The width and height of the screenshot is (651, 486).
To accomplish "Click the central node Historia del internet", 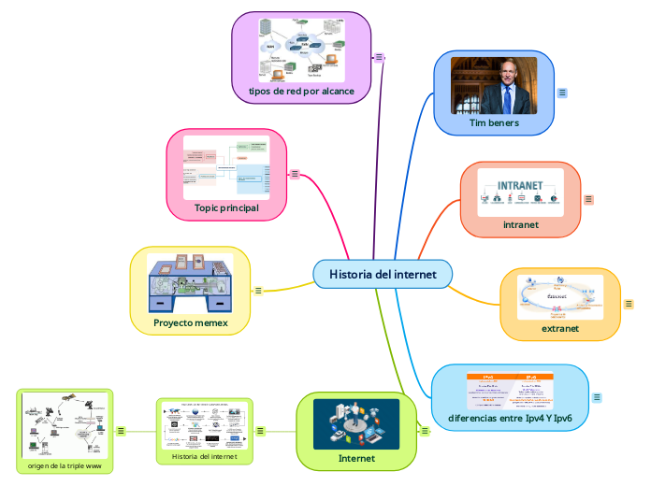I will tap(383, 274).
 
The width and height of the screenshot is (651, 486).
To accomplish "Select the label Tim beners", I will tap(494, 122).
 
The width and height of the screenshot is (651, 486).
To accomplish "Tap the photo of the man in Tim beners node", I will tap(494, 85).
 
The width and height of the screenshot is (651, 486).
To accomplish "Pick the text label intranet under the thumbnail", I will tap(521, 224).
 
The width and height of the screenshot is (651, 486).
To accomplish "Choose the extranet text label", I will tap(560, 328).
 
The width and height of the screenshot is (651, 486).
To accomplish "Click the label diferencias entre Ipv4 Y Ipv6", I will tap(510, 418).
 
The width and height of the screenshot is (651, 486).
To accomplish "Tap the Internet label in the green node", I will tap(356, 458).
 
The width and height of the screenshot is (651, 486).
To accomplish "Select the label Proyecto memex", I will tap(191, 323).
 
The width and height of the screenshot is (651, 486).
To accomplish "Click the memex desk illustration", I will tap(190, 282).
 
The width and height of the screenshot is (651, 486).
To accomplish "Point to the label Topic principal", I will tap(226, 207).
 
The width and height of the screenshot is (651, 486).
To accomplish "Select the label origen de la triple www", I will tap(65, 465).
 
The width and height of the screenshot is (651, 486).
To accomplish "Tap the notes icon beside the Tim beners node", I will tap(562, 93).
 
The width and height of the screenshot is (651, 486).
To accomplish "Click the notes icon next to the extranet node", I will tap(629, 304).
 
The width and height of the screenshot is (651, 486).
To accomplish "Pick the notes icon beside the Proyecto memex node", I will tap(258, 291).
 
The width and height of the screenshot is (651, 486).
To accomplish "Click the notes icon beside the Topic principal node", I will tap(295, 174).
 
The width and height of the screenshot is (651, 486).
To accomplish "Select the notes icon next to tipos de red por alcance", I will tap(379, 57).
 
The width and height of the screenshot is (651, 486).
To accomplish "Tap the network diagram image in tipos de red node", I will tap(301, 48).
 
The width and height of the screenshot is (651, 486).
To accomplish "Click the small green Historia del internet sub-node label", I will tap(204, 457).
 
